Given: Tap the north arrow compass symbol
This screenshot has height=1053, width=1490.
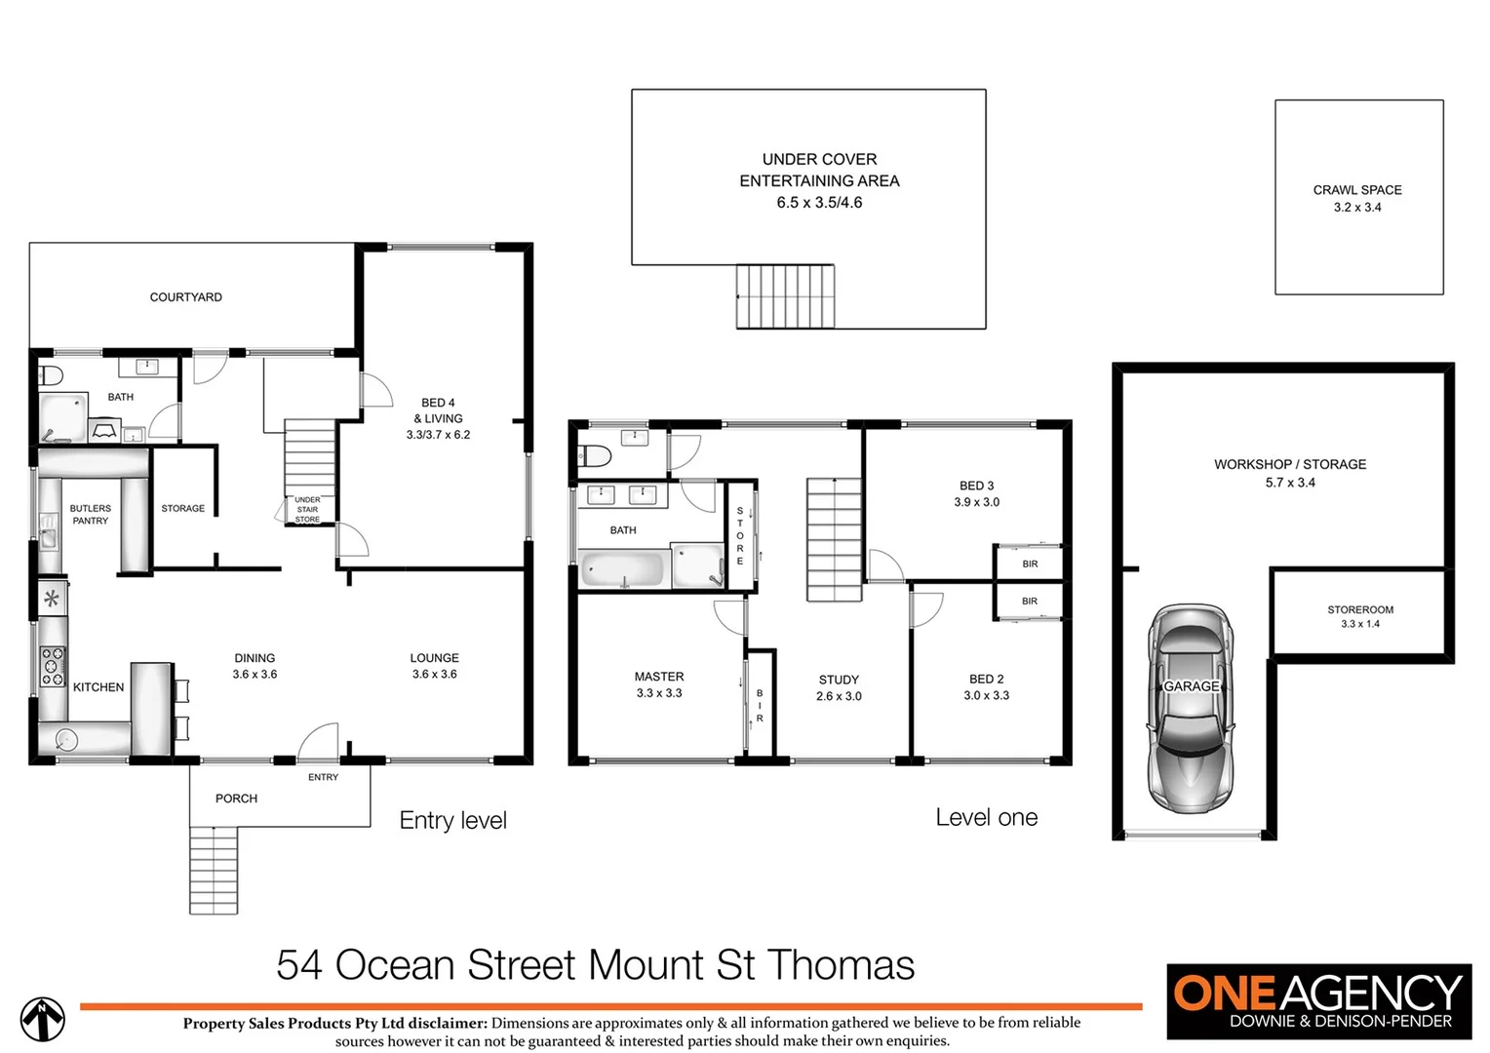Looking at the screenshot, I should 43,1019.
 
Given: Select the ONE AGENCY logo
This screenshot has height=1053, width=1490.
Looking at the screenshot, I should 1318,1001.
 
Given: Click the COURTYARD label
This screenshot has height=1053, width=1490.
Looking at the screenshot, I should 185,297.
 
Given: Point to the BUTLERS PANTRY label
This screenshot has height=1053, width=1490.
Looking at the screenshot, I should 90,515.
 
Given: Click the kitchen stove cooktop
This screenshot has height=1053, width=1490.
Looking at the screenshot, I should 53,666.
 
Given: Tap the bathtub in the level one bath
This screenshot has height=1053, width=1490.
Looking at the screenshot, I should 623,569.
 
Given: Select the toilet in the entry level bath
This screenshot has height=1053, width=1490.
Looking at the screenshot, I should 51,375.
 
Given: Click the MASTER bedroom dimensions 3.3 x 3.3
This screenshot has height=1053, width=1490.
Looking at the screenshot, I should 659,693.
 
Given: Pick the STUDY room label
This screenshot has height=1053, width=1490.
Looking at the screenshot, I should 839,680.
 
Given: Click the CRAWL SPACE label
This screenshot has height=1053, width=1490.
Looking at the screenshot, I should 1356,190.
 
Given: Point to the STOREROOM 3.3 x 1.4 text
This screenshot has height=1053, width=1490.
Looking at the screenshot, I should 1359,616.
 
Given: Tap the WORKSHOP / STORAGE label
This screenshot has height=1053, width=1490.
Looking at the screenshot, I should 1289,464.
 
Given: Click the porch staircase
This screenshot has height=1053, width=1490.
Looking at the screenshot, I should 214,870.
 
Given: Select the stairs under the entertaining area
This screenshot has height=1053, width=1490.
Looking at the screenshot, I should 785,296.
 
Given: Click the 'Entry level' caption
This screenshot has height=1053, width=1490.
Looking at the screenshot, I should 452,821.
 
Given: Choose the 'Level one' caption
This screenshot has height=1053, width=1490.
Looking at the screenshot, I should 986,818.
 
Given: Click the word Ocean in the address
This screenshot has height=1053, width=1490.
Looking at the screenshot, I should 394,965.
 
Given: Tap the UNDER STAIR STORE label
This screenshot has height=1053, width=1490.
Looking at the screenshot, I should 307,509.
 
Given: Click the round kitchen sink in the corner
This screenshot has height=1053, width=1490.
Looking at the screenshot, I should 66,739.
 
